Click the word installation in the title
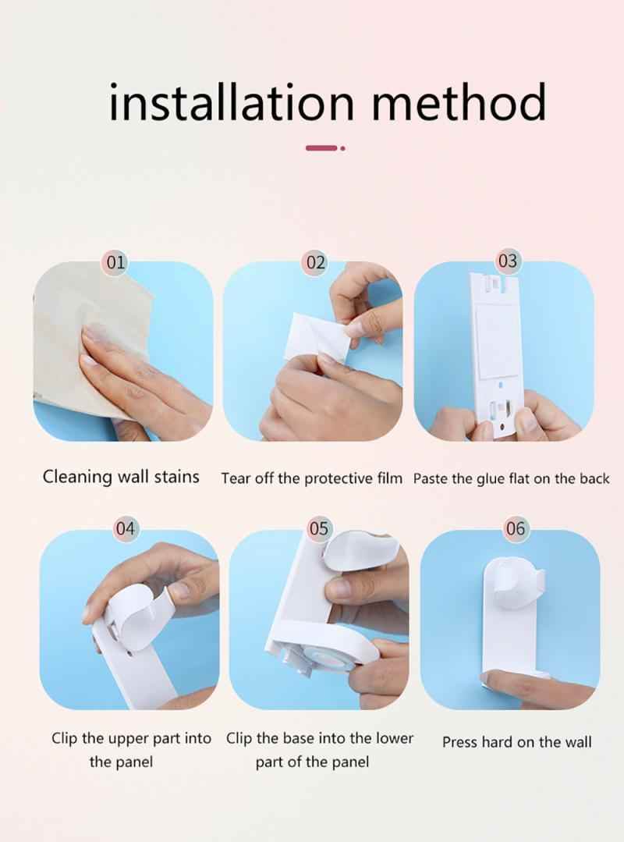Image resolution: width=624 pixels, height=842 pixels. click(x=232, y=101)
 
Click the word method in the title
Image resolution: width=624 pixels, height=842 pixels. click(x=459, y=101)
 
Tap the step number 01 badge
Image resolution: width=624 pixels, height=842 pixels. click(x=115, y=262)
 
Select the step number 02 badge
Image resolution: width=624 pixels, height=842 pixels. click(x=315, y=262)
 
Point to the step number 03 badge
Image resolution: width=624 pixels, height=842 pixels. click(x=507, y=261)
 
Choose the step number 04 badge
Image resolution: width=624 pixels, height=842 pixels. click(x=125, y=528)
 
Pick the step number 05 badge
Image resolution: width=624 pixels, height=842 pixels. click(x=318, y=528)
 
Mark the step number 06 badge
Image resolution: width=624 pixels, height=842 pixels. click(x=515, y=528)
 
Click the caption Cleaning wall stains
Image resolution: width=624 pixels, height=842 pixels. click(x=121, y=477)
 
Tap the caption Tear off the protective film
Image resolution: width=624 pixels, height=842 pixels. click(x=312, y=478)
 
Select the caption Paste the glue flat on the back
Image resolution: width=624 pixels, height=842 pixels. click(x=512, y=478)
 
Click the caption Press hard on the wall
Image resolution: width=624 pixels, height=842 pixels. click(x=516, y=742)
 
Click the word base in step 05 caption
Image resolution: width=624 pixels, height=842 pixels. click(x=300, y=738)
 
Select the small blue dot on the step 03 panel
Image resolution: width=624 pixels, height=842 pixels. click(x=501, y=385)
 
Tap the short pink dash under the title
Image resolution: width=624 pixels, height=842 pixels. click(x=321, y=147)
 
